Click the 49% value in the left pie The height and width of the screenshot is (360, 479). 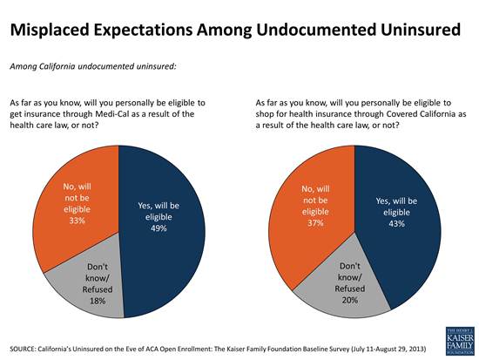(159, 228)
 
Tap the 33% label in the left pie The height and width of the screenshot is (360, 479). (77, 221)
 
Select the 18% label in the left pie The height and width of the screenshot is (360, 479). (98, 301)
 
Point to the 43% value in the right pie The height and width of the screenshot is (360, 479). (396, 224)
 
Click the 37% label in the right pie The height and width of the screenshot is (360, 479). (315, 223)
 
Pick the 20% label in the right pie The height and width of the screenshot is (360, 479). (350, 300)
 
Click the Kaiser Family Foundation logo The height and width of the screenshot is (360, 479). (460, 341)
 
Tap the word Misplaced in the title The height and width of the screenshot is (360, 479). (50, 31)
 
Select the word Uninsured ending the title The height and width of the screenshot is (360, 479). (421, 30)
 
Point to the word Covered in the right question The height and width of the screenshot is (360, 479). (401, 114)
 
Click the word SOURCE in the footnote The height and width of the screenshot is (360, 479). (23, 349)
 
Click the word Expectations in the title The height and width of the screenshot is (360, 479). (144, 31)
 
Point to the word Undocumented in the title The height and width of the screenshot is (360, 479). (316, 30)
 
